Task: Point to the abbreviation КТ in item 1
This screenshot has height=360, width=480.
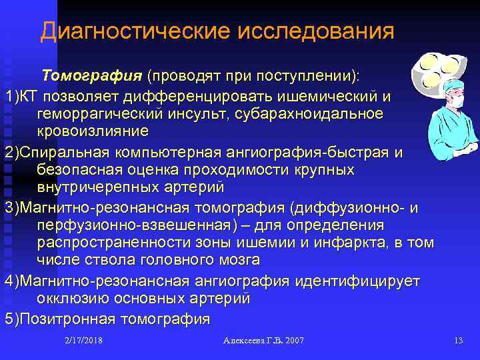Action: (29, 96)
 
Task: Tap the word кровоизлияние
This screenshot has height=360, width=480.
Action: (93, 131)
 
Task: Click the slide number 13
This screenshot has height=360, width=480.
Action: (457, 341)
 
